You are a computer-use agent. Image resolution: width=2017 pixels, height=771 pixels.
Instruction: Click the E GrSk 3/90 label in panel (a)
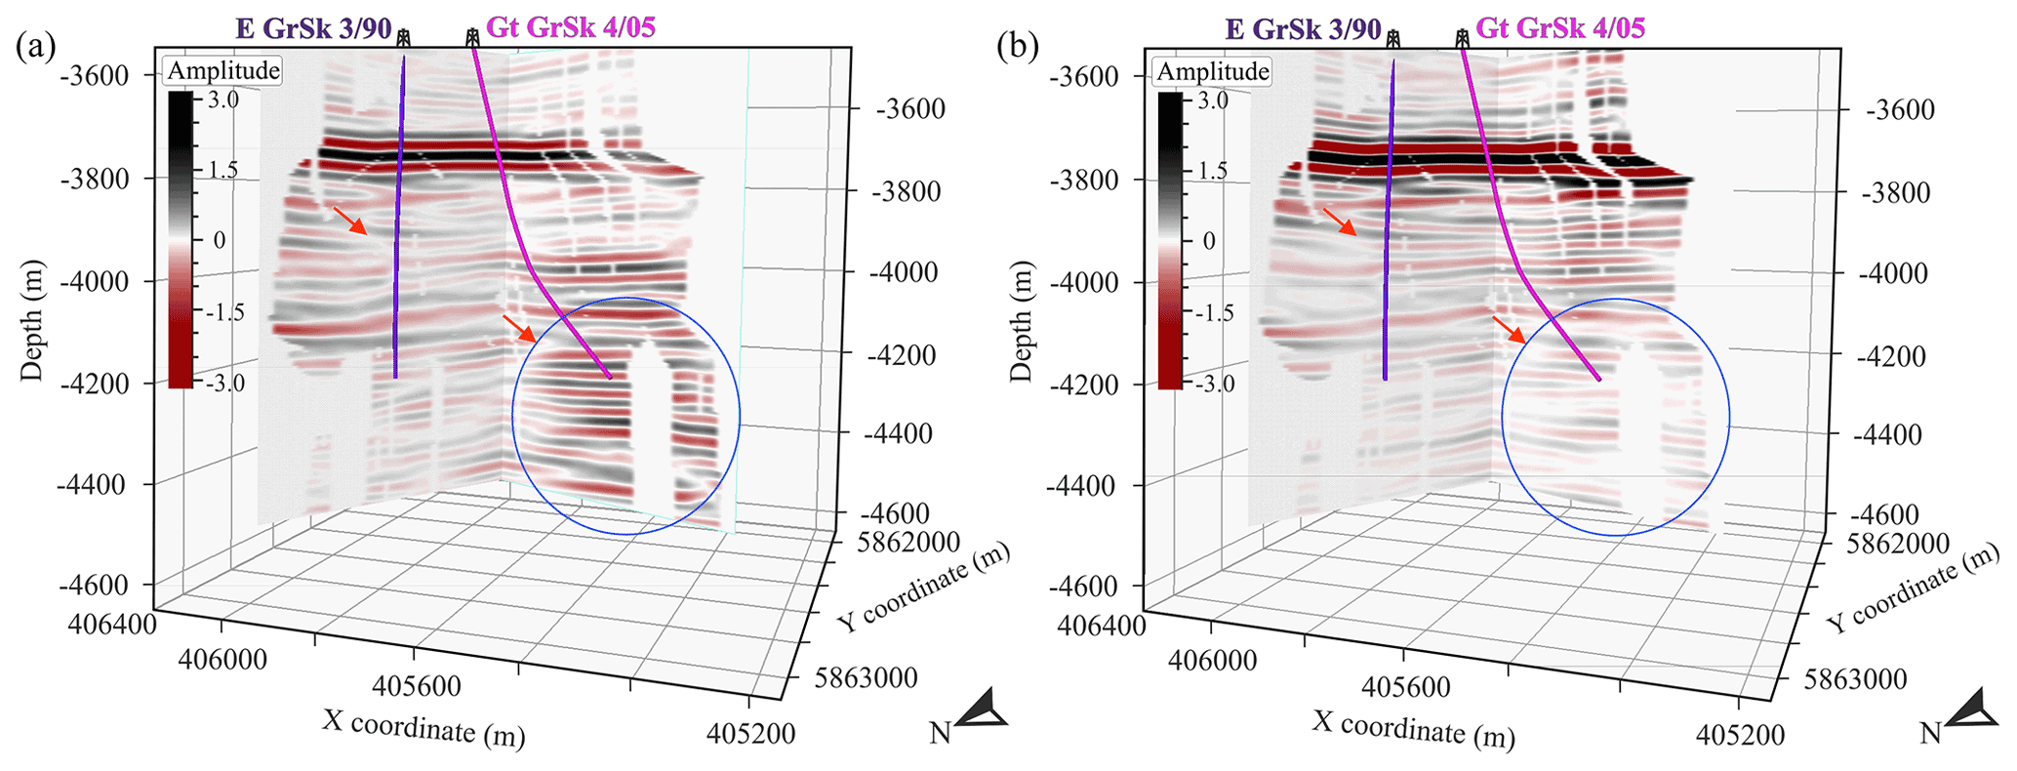click(313, 28)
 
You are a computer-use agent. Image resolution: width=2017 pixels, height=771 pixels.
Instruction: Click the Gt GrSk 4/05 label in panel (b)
click(1559, 27)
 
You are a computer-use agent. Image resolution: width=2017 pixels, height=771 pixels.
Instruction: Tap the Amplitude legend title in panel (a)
click(223, 70)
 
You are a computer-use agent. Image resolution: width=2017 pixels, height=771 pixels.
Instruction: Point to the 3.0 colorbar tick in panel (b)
click(1213, 100)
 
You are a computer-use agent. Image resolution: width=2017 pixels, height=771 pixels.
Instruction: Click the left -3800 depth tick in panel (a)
click(95, 179)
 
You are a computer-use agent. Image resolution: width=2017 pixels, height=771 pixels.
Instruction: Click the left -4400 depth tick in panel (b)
click(1084, 485)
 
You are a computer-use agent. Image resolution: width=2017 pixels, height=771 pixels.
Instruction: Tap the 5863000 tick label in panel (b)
click(1855, 678)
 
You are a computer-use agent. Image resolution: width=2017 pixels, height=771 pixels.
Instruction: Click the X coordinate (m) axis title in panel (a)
click(424, 728)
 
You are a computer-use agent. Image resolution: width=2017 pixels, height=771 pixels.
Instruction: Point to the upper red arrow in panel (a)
click(350, 221)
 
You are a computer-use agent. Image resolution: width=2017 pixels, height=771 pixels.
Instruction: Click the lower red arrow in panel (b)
click(1509, 329)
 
